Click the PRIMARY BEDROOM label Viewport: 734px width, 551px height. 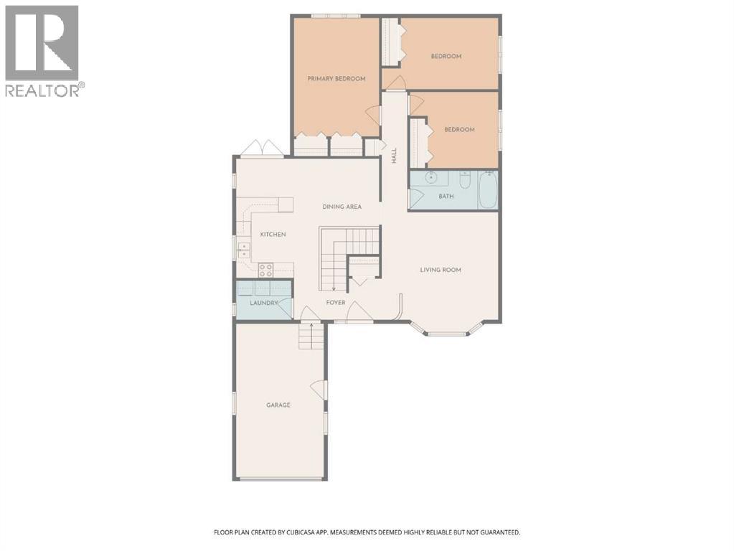pos(336,79)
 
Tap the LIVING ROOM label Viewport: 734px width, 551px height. pos(441,270)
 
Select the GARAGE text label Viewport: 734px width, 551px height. pos(278,405)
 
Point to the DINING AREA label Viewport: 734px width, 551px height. pos(342,207)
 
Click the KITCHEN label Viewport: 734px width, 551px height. pos(273,234)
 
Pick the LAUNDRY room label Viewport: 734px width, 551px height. pos(264,303)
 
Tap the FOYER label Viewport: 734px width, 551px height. pos(336,303)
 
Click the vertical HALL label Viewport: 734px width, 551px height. pos(394,156)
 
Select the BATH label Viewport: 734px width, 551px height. pos(446,196)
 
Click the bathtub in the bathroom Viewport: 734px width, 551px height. pos(488,189)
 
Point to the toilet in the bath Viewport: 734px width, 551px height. pos(465,179)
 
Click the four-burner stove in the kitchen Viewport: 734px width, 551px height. pos(266,270)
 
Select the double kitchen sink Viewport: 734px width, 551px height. pos(244,250)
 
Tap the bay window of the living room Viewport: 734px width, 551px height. pos(446,329)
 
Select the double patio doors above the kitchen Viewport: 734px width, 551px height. pos(263,148)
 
